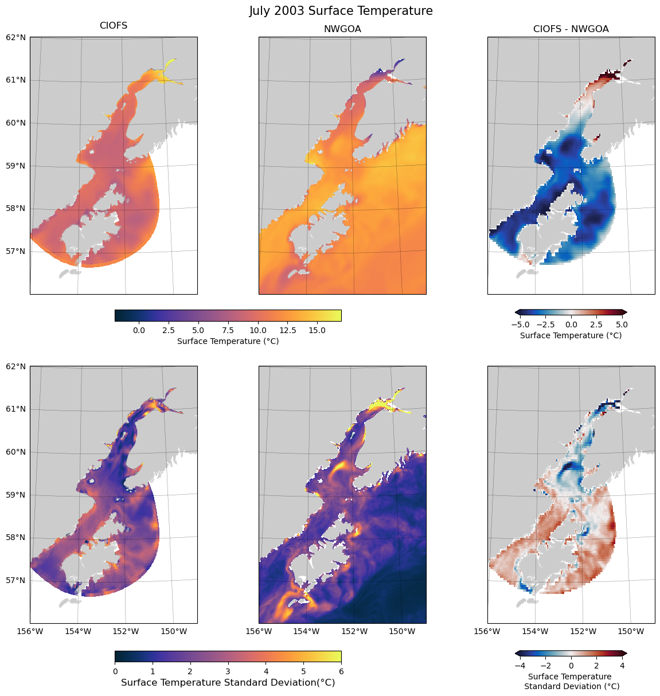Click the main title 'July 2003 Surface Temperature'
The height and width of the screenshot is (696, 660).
[341, 11]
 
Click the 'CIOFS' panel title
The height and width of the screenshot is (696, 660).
[114, 26]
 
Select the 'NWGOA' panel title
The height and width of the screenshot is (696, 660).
[342, 29]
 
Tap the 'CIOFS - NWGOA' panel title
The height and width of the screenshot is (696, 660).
[571, 29]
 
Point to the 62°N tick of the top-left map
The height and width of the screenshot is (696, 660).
[16, 37]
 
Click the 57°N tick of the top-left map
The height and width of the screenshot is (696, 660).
[16, 251]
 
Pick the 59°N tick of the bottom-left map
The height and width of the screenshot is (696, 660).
[16, 495]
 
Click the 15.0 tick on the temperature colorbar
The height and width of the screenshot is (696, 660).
[317, 330]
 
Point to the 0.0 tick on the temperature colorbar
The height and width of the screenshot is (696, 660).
[138, 330]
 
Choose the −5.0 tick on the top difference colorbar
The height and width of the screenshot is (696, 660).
[520, 324]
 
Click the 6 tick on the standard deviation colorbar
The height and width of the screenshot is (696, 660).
[341, 671]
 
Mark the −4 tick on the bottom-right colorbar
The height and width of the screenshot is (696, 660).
[520, 666]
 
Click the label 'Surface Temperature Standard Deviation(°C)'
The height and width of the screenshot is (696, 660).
[228, 683]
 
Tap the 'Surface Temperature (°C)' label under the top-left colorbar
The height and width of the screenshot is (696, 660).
[228, 341]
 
